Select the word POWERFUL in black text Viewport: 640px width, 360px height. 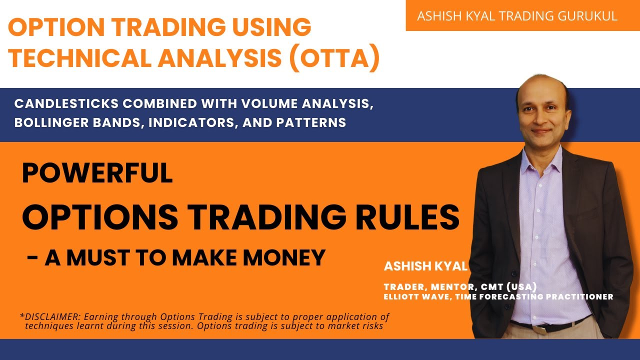[x=97, y=173]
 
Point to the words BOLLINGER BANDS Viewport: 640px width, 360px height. [x=74, y=122]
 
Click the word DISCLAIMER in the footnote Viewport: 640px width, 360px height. [x=49, y=317]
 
